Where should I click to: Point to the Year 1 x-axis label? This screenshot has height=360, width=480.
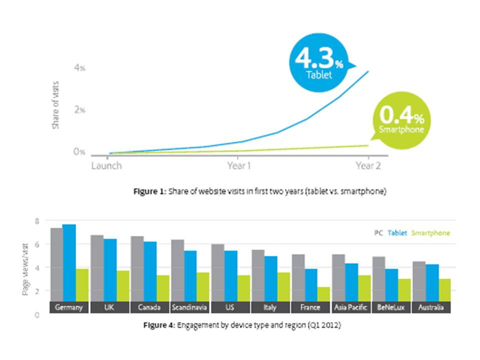point(238,165)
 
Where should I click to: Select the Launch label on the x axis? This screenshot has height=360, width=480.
point(106,165)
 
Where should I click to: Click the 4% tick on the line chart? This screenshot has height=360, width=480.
point(79,67)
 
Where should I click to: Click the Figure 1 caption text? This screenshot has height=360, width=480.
point(260,191)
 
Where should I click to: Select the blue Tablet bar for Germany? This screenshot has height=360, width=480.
point(69,262)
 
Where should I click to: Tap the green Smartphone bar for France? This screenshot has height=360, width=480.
point(324,294)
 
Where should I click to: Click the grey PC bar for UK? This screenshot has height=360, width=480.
point(96,268)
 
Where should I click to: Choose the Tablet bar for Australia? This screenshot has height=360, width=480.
point(432,282)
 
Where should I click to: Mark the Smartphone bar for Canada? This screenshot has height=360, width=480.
point(163,288)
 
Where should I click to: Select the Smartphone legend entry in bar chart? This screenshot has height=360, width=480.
point(430,233)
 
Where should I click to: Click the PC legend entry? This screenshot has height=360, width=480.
point(378,233)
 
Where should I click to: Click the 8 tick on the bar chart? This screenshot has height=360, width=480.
point(36,220)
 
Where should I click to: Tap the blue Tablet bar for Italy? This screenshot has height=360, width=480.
point(270,278)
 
